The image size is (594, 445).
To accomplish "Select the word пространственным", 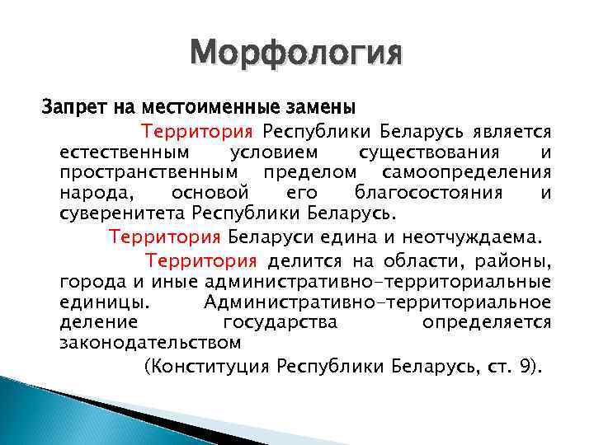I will [x=148, y=172].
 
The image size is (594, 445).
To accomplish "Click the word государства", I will [x=280, y=322].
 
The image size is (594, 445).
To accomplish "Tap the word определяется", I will [x=487, y=322].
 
